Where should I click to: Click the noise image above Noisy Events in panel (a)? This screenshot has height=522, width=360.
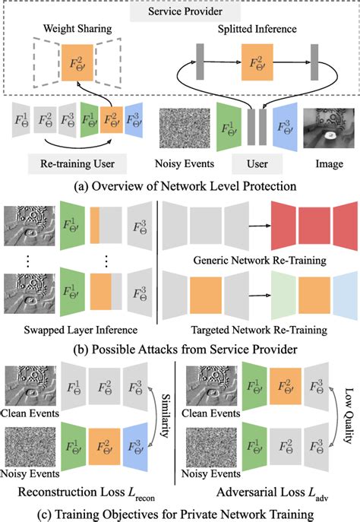pos(183,126)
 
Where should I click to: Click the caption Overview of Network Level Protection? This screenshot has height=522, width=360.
pos(179,184)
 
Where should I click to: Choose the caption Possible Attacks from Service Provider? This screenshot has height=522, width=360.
pos(179,351)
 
